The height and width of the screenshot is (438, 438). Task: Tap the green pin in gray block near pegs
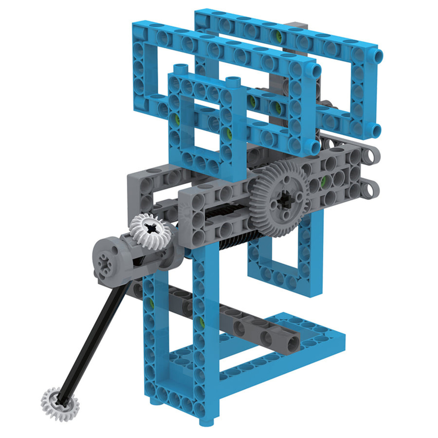(323, 181)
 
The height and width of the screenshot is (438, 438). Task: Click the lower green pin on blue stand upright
(202, 322)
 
